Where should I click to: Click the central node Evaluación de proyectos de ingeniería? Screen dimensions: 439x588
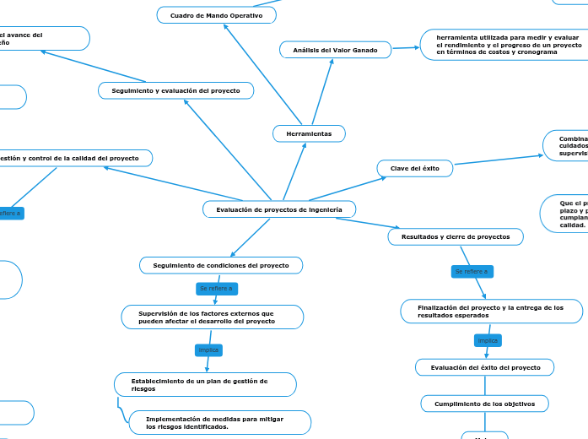279,209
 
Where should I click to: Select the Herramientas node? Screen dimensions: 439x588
309,133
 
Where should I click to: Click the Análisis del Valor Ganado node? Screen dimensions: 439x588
336,51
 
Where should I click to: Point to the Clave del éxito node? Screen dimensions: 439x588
414,169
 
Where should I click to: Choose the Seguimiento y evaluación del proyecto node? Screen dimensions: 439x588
175,90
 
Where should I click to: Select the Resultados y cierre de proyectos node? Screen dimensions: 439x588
456,237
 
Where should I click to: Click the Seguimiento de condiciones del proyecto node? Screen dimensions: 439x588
220,266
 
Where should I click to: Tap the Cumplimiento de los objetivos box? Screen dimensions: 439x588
484,404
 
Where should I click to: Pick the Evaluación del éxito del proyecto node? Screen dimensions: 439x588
485,367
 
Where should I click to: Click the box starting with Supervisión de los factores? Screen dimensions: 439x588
211,317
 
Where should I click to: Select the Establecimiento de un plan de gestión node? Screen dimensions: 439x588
205,385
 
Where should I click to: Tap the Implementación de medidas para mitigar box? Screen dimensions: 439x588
219,422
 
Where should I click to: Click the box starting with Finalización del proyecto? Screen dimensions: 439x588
491,312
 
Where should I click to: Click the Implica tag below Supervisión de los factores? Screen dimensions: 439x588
208,350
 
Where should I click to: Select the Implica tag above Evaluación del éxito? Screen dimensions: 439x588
488,340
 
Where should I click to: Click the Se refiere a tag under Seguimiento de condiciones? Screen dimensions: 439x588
217,289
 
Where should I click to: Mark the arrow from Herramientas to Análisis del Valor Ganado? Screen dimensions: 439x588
324,93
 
